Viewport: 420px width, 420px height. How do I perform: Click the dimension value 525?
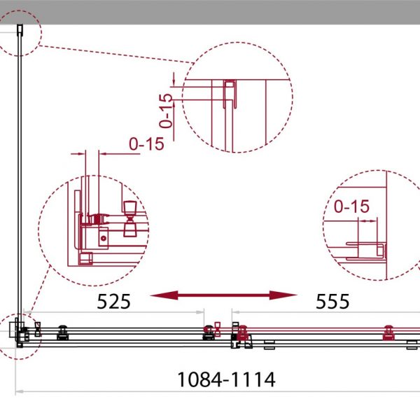coord(113,301)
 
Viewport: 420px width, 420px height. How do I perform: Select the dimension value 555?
coord(332,301)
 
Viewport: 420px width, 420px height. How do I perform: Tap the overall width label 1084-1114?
coord(226,379)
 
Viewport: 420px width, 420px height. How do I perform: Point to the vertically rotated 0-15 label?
coord(165,111)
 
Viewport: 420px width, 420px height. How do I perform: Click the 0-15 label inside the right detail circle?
coord(351,206)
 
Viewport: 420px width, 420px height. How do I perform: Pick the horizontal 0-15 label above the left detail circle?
coord(146,143)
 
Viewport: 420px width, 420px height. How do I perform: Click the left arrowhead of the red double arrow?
coord(164,295)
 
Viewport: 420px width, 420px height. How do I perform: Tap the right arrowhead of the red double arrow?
coord(283,295)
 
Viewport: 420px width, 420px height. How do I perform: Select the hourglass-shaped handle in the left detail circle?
coord(130,219)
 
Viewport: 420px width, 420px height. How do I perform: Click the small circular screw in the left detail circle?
coord(104,238)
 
